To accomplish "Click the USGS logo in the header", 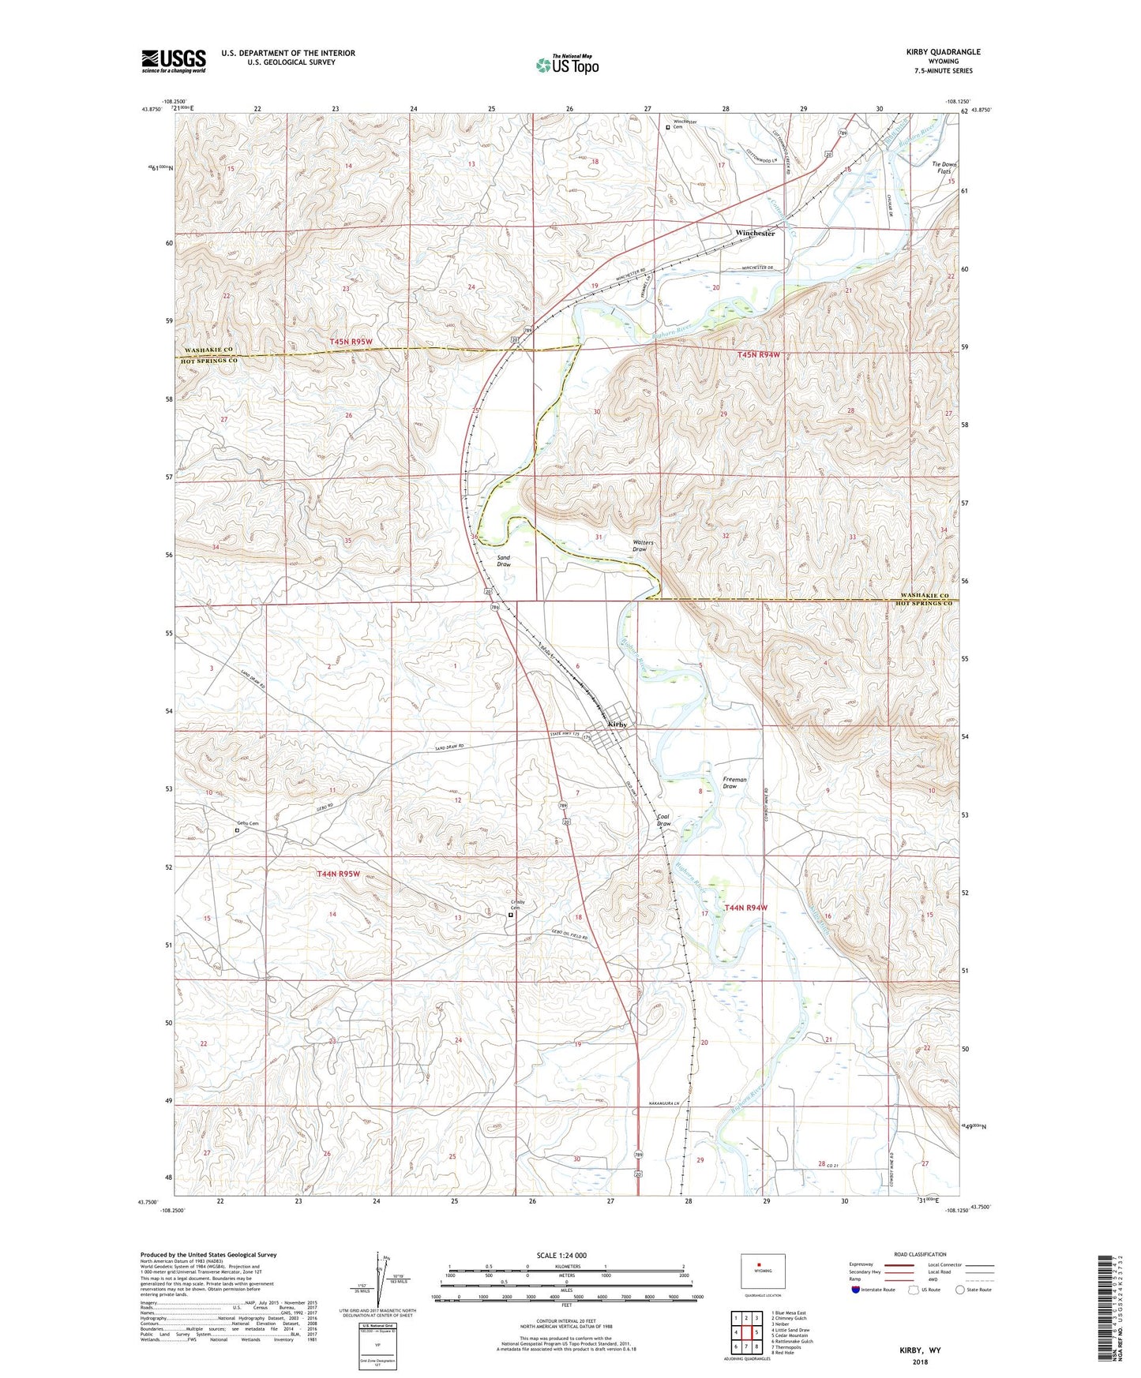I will click(174, 60).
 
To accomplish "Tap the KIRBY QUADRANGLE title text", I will click(943, 52).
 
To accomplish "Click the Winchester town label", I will click(754, 234).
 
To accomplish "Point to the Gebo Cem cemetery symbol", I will click(237, 830).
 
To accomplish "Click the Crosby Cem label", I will click(517, 905).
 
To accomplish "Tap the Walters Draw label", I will click(642, 545).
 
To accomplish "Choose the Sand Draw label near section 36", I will click(503, 561).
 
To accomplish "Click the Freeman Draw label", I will click(734, 783).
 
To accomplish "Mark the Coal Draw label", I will click(663, 821).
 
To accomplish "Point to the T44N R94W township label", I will click(745, 908).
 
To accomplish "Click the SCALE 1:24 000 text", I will click(561, 1256).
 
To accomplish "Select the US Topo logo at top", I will click(566, 65).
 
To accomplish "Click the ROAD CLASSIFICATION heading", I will click(920, 1254).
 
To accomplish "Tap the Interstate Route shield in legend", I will click(856, 1289).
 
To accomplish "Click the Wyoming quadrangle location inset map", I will click(762, 1271).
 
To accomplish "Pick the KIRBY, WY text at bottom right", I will click(920, 1350).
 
